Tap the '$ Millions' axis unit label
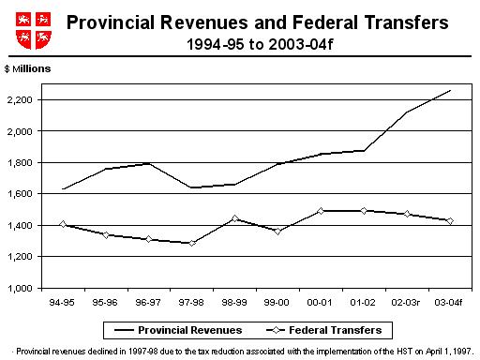coord(27,69)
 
